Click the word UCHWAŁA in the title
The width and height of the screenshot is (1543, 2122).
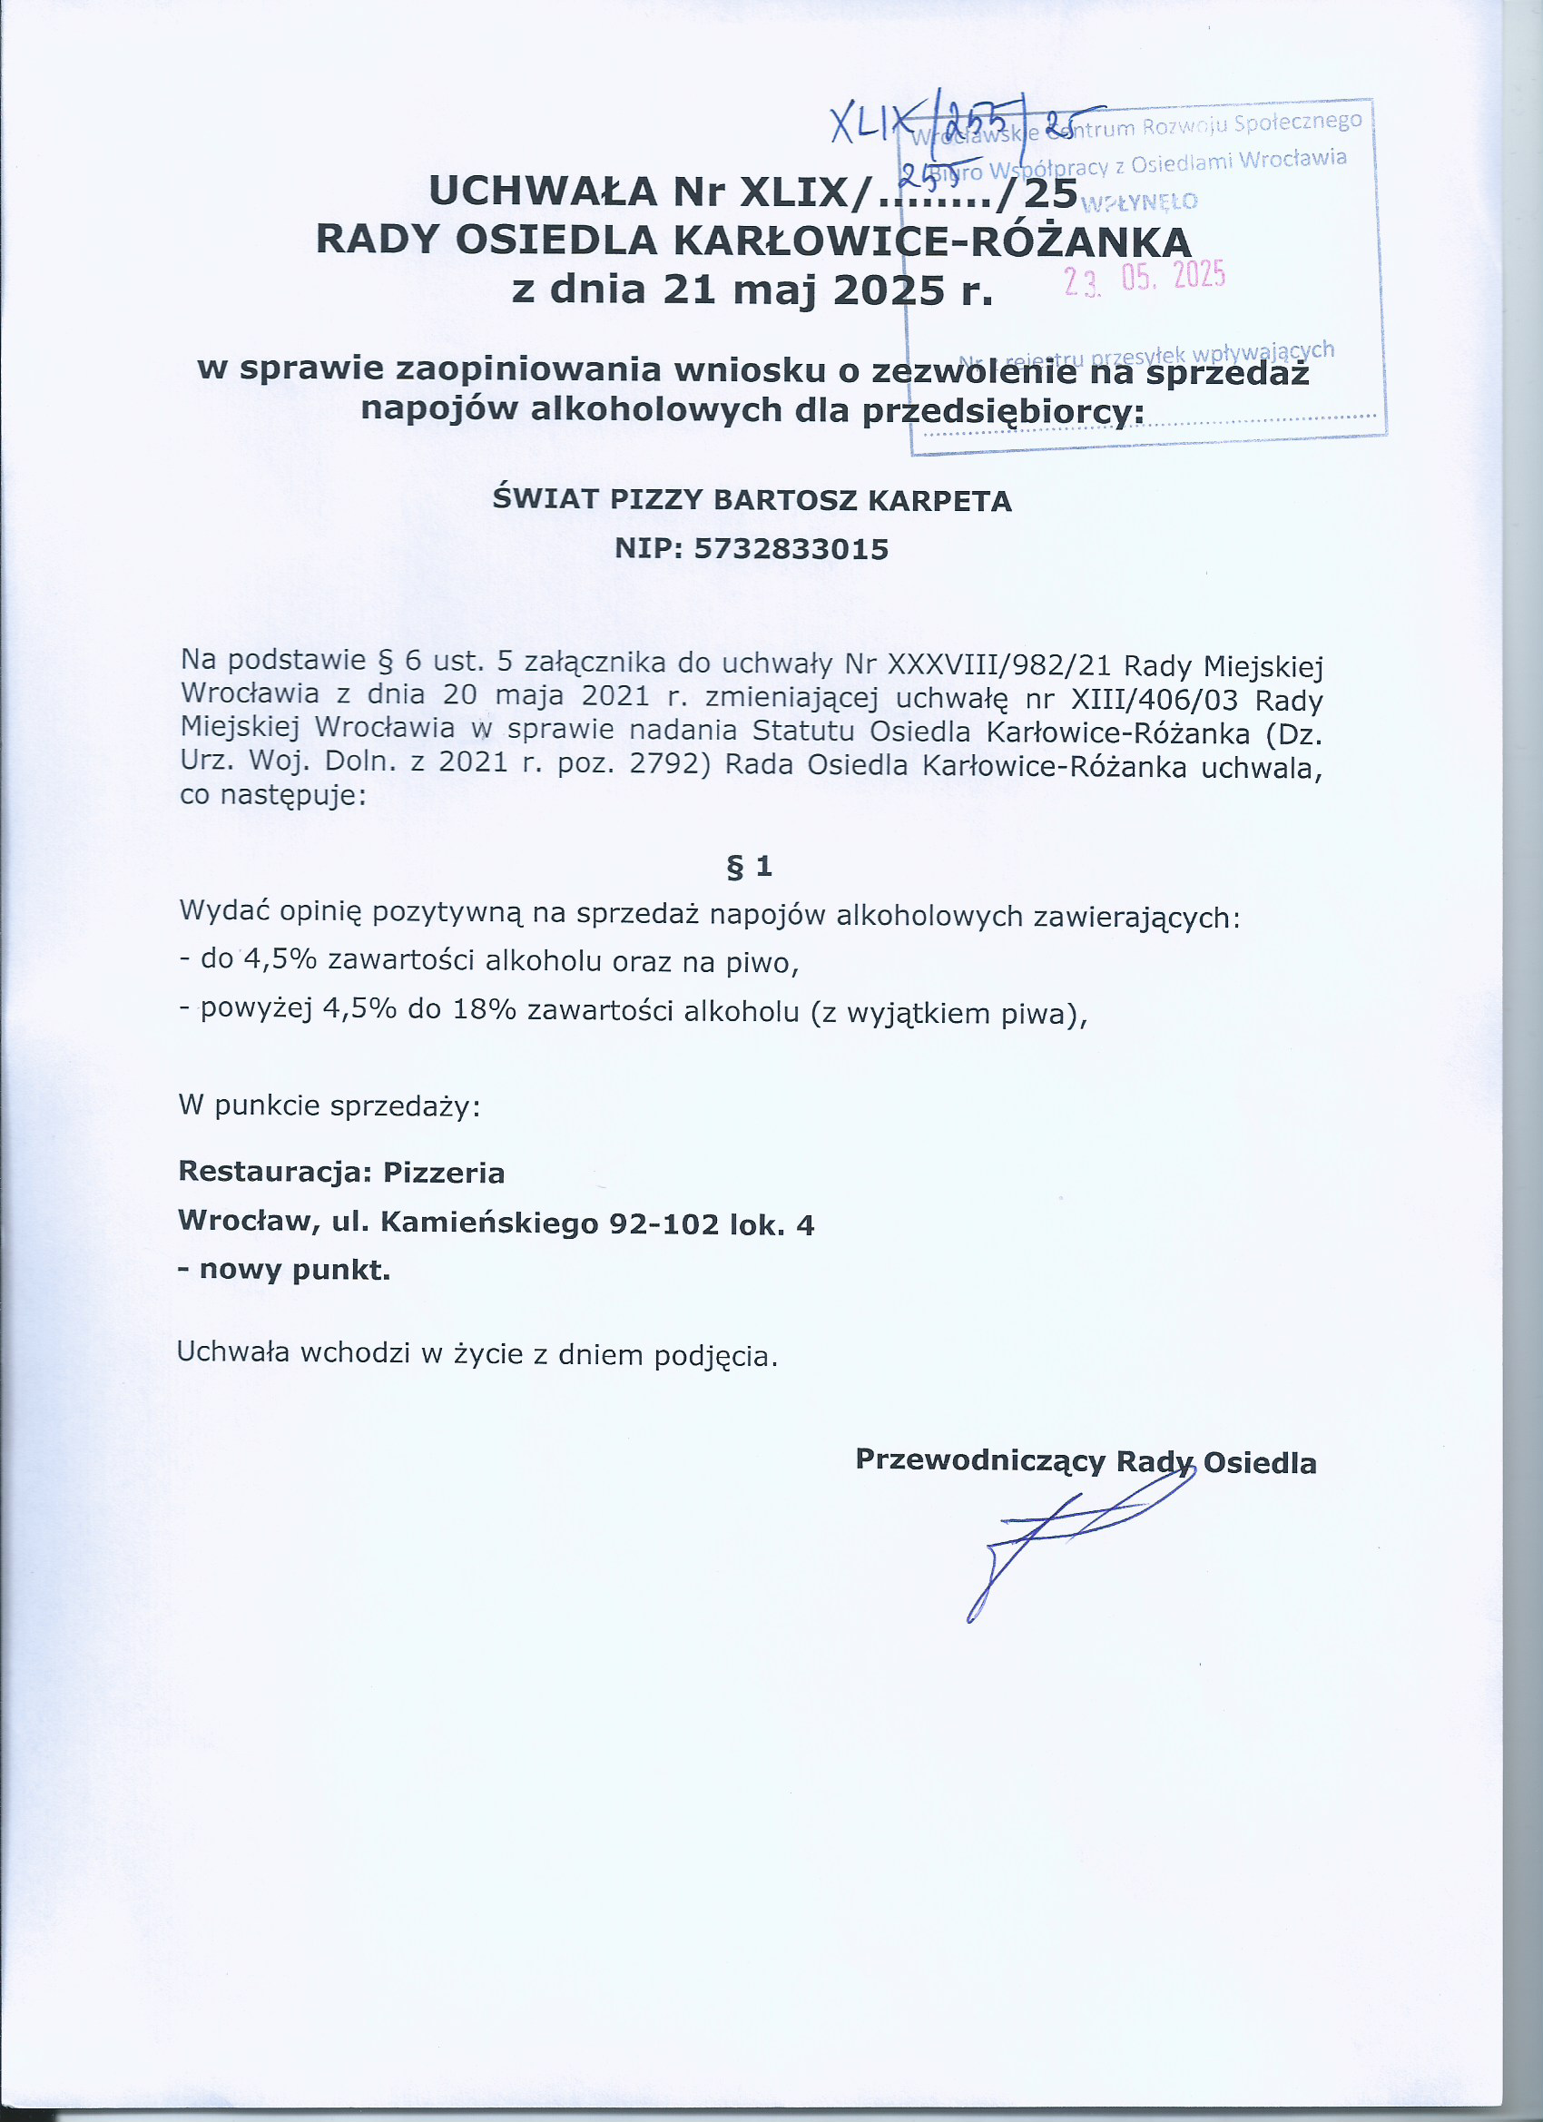coord(543,192)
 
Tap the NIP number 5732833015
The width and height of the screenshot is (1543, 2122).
coord(791,549)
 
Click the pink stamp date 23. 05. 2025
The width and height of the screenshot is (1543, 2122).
coord(1145,277)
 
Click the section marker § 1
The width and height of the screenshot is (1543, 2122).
coord(750,867)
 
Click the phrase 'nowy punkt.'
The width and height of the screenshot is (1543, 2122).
coord(294,1271)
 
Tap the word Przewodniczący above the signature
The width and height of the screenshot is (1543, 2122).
coord(979,1460)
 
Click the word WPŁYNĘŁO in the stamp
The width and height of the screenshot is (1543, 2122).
coord(1139,202)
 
